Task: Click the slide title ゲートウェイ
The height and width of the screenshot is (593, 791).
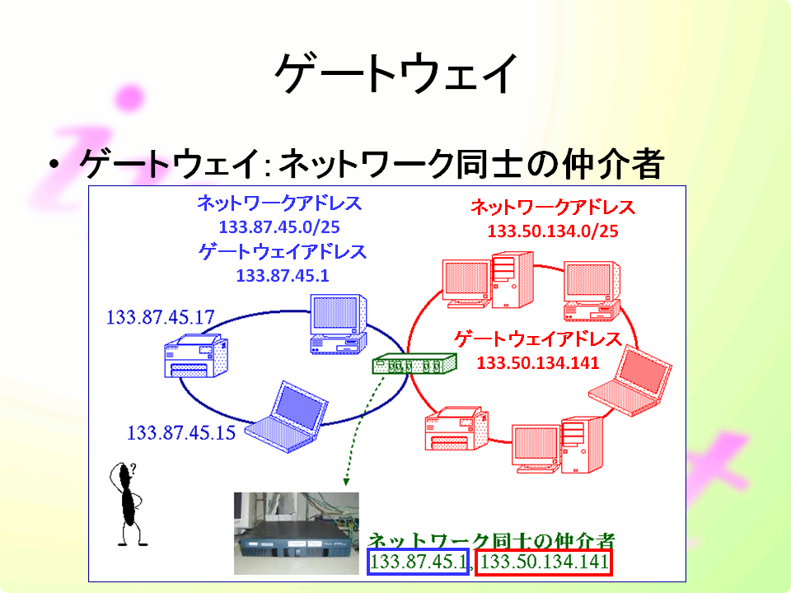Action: [x=396, y=74]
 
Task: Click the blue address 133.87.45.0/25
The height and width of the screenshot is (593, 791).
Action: [x=279, y=227]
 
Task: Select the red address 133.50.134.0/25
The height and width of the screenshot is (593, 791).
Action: [x=552, y=231]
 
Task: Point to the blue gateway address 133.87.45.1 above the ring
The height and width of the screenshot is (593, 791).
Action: [x=283, y=276]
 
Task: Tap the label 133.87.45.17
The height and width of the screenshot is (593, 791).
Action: [x=161, y=317]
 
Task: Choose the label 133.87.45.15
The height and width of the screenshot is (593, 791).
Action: [x=181, y=432]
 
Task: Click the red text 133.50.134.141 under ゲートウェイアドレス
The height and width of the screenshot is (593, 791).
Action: [x=538, y=363]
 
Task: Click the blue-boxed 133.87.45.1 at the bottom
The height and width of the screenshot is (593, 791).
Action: [x=419, y=562]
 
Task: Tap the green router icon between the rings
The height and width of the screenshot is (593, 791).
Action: [x=414, y=363]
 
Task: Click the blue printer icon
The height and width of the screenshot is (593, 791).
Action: [x=196, y=357]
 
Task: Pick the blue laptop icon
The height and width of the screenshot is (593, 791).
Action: [x=287, y=418]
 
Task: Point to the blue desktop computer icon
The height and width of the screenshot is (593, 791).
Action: [x=338, y=325]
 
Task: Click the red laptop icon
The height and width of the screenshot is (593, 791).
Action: [x=630, y=381]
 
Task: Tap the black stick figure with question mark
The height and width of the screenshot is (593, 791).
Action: [x=128, y=504]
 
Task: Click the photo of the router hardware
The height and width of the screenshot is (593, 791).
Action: [x=296, y=533]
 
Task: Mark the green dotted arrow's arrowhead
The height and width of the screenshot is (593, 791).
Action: [x=346, y=482]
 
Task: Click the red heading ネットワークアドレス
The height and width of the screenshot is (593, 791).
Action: [x=552, y=208]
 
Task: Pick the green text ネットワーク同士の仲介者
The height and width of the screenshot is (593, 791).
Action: [x=491, y=540]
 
